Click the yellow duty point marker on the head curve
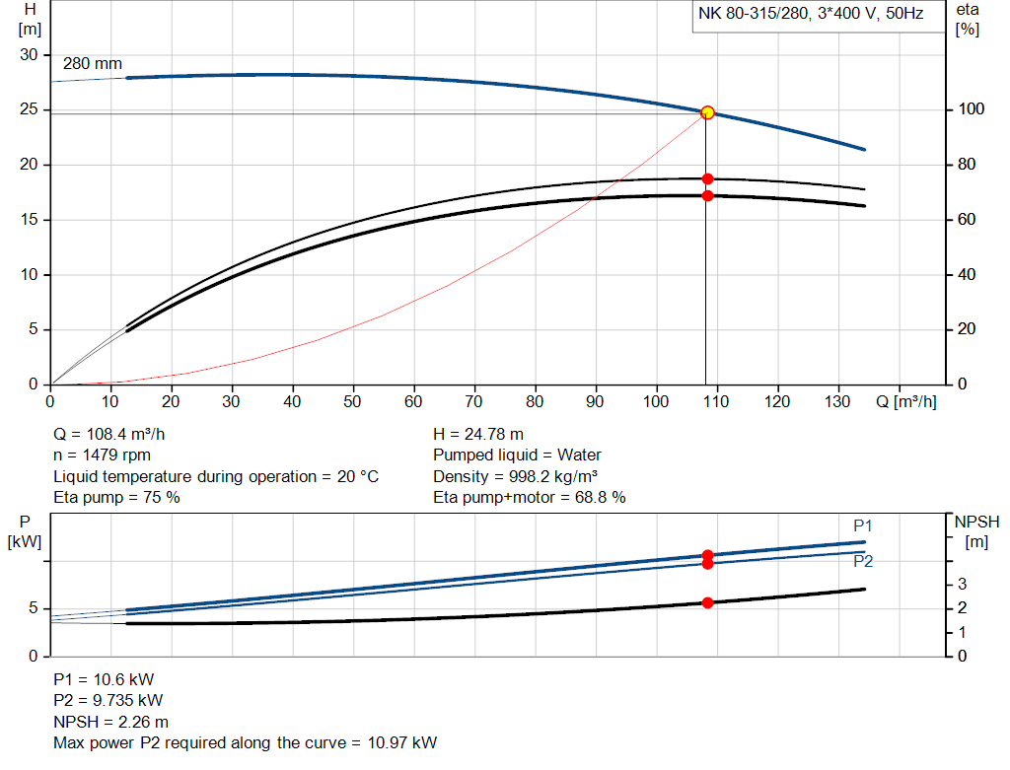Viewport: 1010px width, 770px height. click(707, 113)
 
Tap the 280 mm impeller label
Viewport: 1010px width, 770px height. click(93, 64)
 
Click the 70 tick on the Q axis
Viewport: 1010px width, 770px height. click(474, 401)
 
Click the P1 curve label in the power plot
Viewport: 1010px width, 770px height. click(863, 525)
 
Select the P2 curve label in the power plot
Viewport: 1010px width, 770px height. click(863, 562)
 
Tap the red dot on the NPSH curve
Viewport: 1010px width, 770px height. click(707, 602)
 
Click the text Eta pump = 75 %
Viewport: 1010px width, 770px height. click(116, 498)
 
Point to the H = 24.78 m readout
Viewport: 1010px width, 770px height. click(478, 434)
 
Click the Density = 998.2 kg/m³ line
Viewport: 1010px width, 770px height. click(515, 476)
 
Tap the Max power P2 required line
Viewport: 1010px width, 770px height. click(245, 742)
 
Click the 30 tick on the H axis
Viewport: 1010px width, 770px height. click(29, 55)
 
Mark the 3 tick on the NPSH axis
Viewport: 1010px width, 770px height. click(964, 585)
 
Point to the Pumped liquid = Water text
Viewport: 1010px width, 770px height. click(517, 455)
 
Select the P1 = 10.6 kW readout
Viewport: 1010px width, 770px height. click(104, 679)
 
